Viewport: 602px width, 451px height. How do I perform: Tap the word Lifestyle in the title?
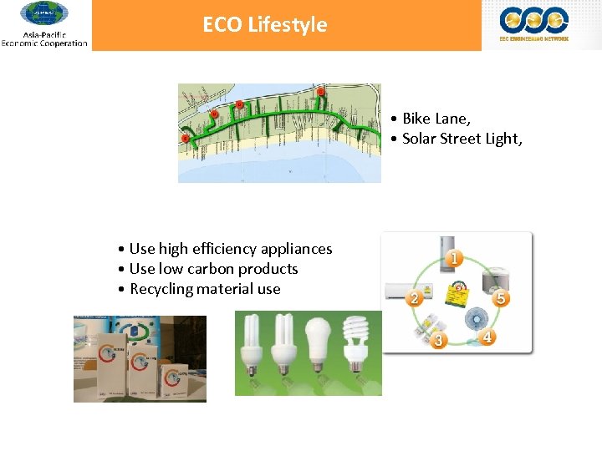[287, 25]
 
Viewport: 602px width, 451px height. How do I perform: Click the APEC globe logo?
[44, 14]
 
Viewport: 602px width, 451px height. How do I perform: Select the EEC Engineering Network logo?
[533, 23]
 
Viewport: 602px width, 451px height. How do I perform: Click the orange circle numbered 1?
[453, 258]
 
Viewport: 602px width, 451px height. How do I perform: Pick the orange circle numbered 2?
[413, 298]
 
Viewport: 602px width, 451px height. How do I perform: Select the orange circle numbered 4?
[488, 337]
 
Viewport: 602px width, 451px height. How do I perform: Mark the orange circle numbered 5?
[501, 298]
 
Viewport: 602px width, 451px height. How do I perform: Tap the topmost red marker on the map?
[320, 92]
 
